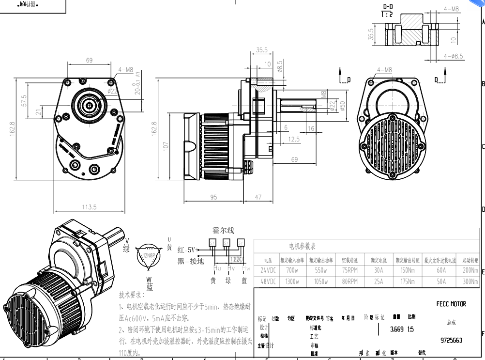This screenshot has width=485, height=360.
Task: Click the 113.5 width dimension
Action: point(89,207)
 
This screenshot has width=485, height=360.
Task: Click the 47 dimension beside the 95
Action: point(258,197)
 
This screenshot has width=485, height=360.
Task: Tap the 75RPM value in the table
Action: point(349,270)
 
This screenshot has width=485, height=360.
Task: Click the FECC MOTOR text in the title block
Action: point(451,304)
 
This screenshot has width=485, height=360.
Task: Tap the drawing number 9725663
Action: point(451,340)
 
